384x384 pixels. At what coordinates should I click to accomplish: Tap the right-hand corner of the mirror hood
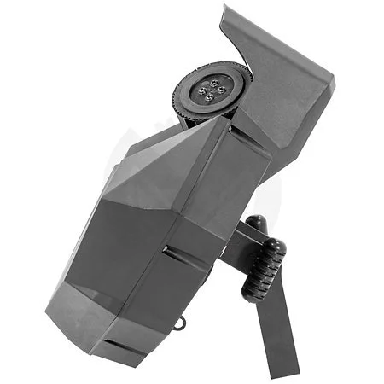[x=331, y=83]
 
